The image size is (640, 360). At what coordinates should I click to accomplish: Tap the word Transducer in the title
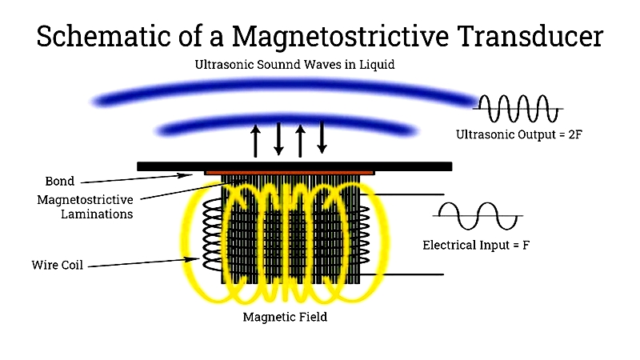click(x=530, y=36)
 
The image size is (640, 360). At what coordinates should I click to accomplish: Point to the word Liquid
click(x=377, y=65)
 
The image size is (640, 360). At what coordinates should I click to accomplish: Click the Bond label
click(x=59, y=182)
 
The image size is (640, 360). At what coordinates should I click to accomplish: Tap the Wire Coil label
click(x=57, y=265)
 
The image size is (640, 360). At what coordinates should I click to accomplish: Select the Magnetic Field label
click(x=285, y=317)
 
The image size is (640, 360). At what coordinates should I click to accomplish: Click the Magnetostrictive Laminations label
click(x=85, y=207)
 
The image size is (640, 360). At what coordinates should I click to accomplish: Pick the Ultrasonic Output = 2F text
click(x=518, y=134)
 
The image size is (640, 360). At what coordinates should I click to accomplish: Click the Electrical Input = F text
click(x=476, y=245)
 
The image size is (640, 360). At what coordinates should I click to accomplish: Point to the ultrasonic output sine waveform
click(x=518, y=109)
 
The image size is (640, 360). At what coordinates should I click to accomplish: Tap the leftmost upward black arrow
click(x=255, y=141)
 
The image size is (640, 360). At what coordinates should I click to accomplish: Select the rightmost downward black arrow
click(x=322, y=138)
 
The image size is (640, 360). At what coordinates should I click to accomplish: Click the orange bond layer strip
click(x=290, y=173)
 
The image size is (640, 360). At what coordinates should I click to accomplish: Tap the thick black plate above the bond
click(x=294, y=166)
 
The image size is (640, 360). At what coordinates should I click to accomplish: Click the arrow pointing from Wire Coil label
click(x=144, y=262)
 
